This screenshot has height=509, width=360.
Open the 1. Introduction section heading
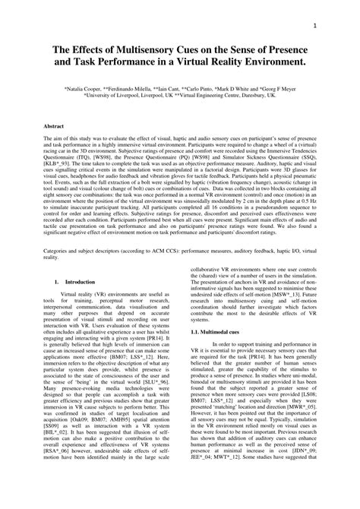[x=74, y=302]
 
